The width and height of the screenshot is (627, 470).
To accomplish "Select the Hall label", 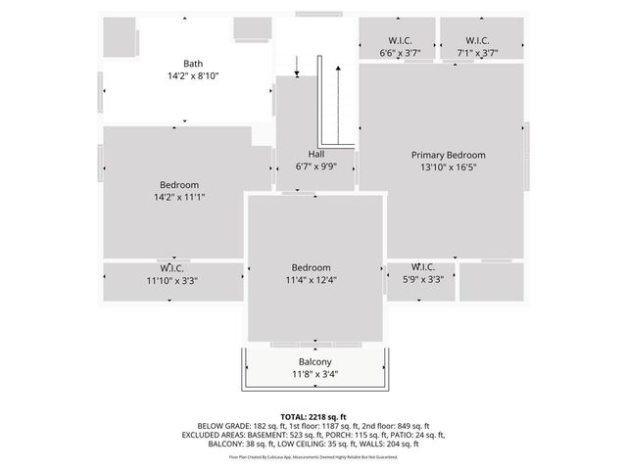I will (315, 154).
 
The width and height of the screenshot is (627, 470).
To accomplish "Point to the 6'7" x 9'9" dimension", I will (315, 166).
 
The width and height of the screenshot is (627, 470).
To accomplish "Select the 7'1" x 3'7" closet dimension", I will (477, 54).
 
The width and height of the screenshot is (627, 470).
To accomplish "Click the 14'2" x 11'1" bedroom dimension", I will (178, 197).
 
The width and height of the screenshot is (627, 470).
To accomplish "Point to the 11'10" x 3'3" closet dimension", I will (172, 280).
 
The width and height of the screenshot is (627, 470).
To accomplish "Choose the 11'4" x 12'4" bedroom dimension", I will (311, 280).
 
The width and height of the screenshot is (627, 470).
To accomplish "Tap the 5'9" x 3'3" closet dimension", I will (423, 279).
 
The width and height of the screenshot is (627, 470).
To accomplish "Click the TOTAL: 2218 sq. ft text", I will (313, 415).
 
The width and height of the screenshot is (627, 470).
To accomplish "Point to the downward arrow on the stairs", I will (297, 67).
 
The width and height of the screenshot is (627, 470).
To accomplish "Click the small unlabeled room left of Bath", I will (120, 37).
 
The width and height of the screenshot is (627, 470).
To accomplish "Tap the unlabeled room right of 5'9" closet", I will (491, 282).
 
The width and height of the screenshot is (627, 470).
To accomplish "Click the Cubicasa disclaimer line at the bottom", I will (313, 456).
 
